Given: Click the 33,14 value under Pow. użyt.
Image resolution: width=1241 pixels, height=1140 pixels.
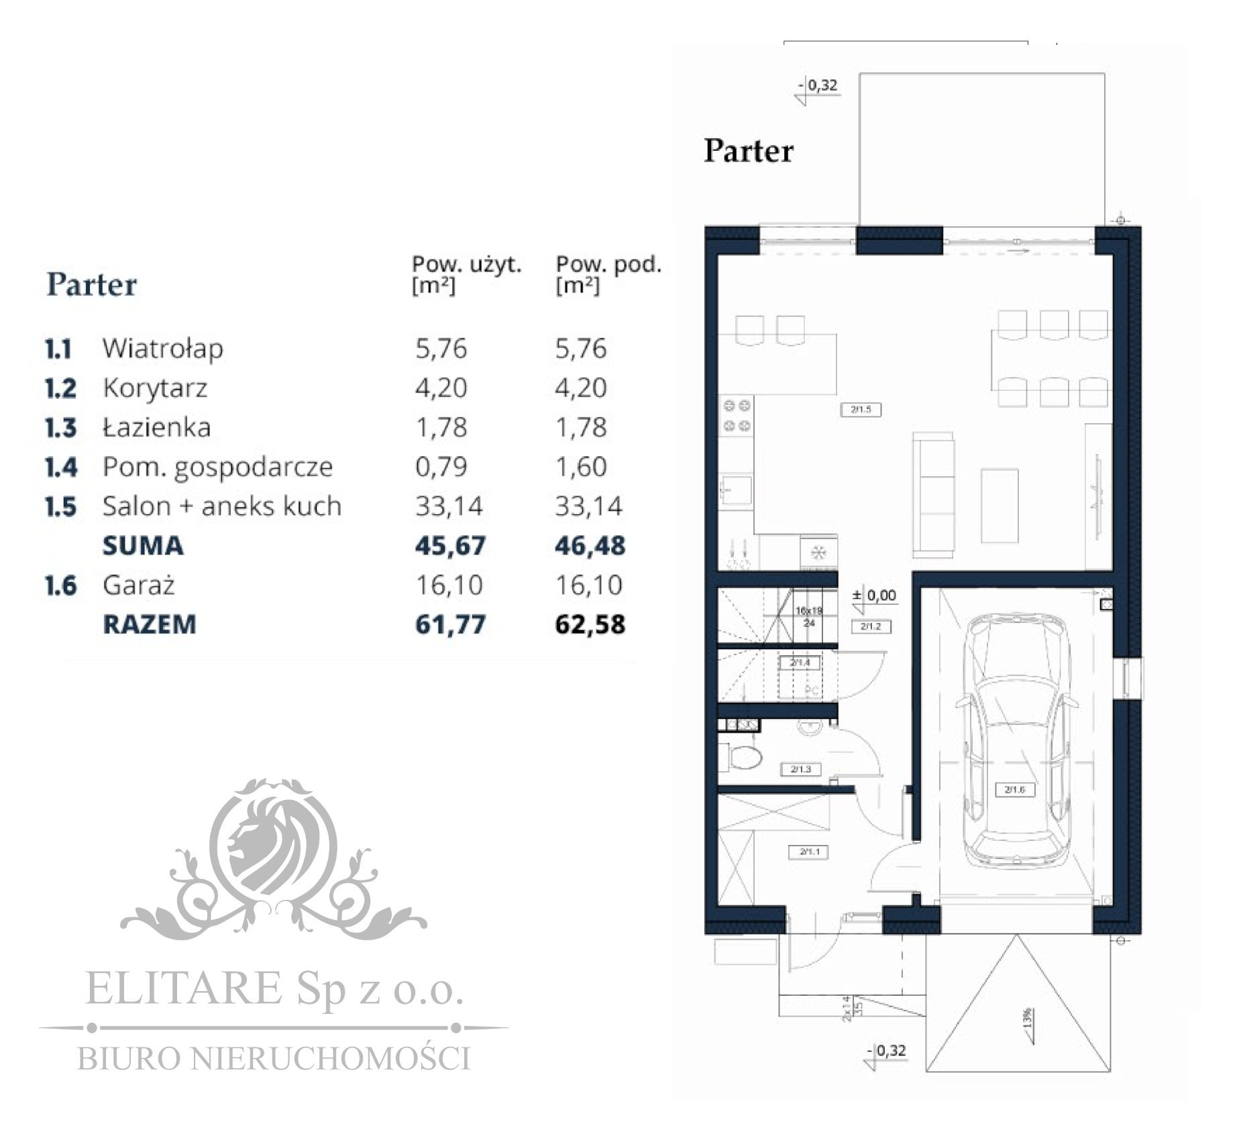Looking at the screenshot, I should tap(448, 506).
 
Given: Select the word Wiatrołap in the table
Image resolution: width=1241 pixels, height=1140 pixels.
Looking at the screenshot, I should tap(162, 349).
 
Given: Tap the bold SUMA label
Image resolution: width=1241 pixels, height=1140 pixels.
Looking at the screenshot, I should tap(142, 545).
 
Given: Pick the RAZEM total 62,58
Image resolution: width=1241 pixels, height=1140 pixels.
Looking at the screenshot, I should tap(589, 624).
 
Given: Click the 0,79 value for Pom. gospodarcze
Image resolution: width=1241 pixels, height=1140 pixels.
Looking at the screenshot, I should tap(441, 467).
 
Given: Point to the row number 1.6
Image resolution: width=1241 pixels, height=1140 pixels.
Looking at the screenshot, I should tap(60, 585).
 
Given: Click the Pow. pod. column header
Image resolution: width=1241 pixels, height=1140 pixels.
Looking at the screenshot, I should tap(608, 273).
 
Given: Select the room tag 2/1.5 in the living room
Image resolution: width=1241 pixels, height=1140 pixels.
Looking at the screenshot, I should tap(861, 409).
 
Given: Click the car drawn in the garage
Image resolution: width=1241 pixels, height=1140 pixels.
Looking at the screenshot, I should tap(1015, 738).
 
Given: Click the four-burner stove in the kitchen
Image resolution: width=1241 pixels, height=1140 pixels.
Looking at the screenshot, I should tap(736, 416).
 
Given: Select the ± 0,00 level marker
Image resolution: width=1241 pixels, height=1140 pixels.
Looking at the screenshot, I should tap(875, 595).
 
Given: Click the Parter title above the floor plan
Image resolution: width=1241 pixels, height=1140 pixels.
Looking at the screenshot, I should tap(748, 150).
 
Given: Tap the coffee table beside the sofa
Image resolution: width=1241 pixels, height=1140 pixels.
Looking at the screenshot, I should tap(999, 505).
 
